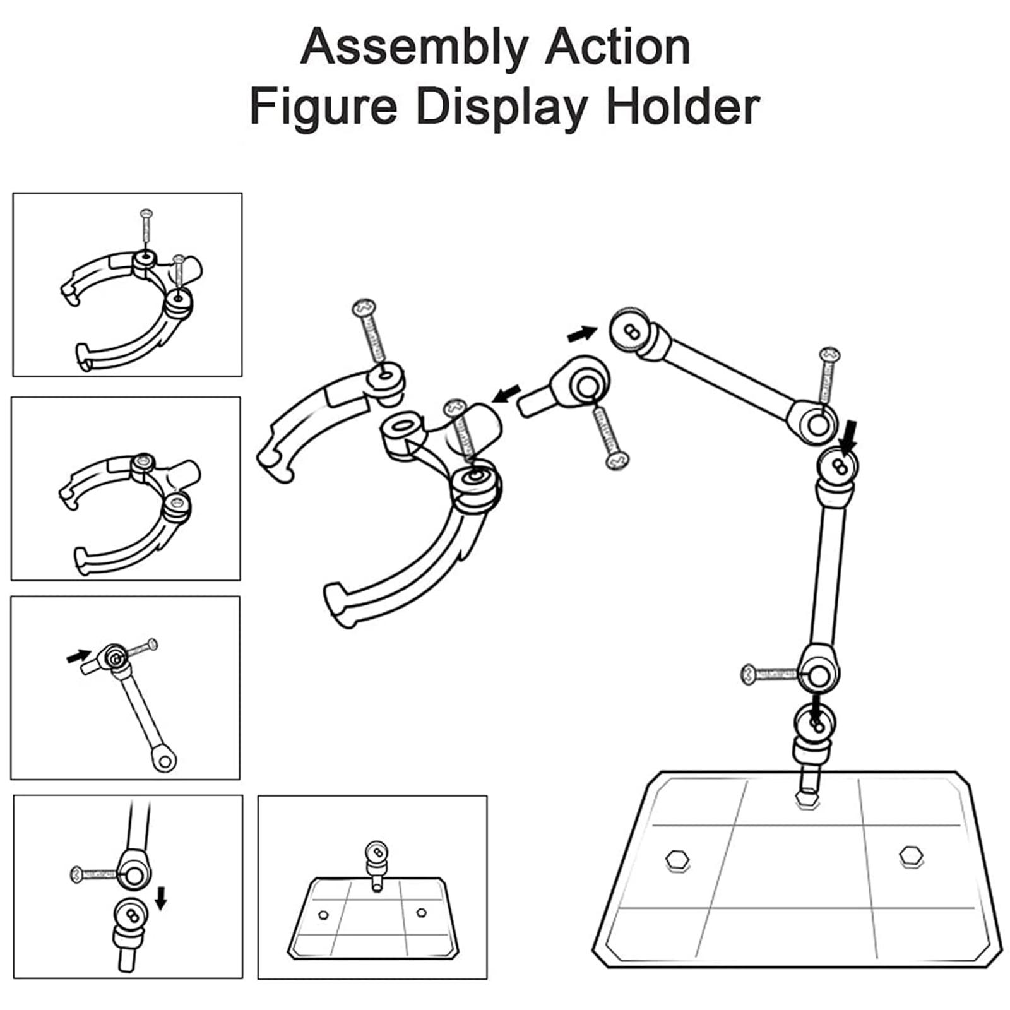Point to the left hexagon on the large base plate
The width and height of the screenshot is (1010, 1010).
677,860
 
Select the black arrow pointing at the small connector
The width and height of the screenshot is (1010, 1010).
506,395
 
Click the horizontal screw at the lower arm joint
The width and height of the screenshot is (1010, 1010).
770,674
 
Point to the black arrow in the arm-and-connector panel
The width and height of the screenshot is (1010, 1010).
78,656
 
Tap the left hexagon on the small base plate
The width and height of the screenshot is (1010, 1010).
324,913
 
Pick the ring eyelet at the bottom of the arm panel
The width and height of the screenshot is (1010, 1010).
165,761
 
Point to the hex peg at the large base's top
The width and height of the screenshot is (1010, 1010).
807,800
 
